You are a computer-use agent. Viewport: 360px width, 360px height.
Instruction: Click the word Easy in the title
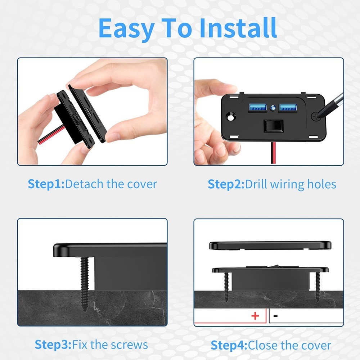[125, 28]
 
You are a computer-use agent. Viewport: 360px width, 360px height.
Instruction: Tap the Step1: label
[46, 184]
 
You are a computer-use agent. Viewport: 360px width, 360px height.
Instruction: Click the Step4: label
[229, 345]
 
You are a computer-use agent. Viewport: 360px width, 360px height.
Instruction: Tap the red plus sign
[255, 316]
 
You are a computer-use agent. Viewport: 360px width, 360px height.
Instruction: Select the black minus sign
[275, 316]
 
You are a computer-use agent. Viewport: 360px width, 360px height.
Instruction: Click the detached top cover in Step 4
[270, 246]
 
